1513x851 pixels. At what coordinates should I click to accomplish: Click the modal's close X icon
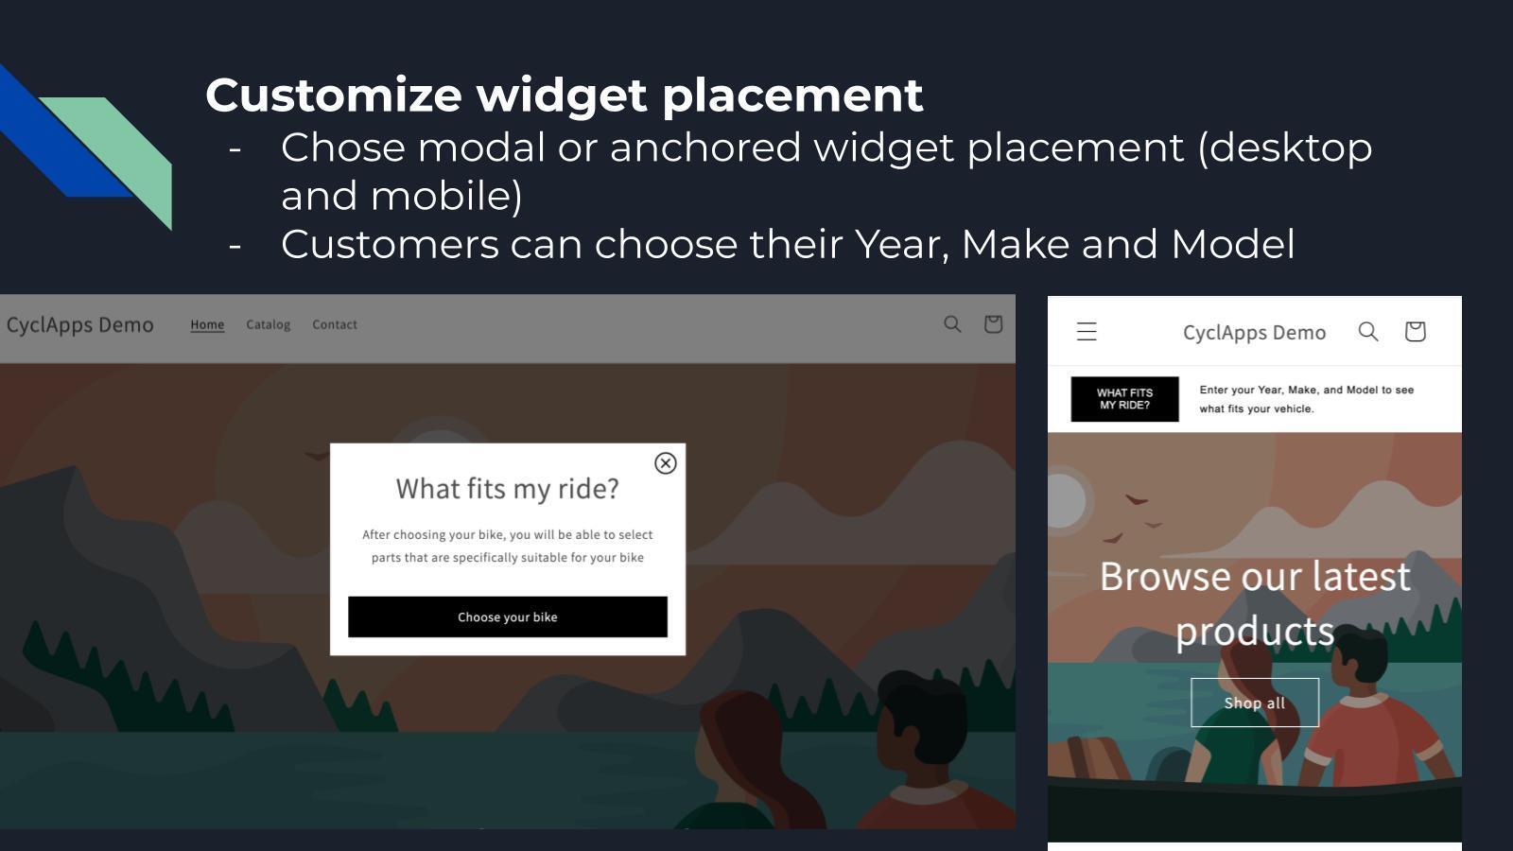[665, 463]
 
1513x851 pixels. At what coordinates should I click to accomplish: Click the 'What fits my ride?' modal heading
[507, 489]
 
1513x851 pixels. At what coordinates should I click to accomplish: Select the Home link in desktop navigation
[207, 324]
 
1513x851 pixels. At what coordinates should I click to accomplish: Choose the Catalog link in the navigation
[268, 324]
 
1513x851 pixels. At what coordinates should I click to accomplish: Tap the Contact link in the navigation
[335, 324]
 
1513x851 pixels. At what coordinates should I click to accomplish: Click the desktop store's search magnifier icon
[952, 324]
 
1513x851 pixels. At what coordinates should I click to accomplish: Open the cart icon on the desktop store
[993, 324]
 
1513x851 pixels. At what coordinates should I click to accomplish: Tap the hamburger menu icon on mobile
[1087, 332]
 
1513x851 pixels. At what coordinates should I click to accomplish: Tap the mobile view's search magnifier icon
[1368, 331]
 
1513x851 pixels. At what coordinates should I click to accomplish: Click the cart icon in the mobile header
[1415, 331]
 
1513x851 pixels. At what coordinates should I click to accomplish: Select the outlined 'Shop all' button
[1254, 703]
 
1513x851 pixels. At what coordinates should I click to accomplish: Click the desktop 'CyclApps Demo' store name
[80, 325]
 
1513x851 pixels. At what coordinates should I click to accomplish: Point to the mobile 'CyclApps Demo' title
[1254, 332]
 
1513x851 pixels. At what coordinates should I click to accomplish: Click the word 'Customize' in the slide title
[334, 95]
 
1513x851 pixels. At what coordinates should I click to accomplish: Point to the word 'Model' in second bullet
[1232, 244]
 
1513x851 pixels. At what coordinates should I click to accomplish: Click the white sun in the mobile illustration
[1064, 498]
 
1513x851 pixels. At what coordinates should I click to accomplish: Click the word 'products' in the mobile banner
[1254, 631]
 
